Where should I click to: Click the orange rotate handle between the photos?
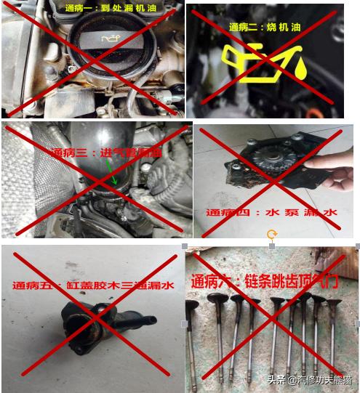272,235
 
